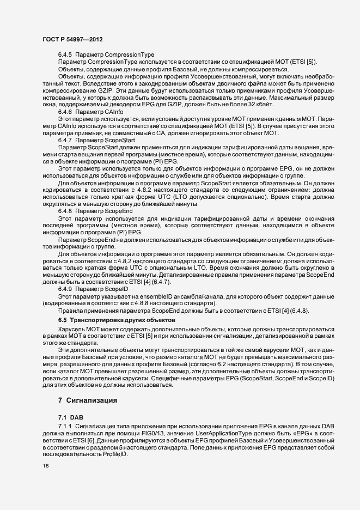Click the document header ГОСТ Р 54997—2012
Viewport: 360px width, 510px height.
click(x=72, y=40)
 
